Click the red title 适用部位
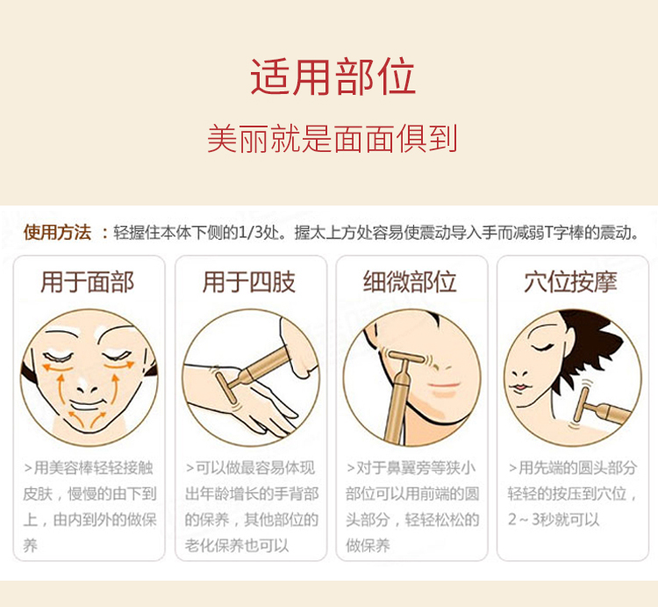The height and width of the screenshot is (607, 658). tap(333, 77)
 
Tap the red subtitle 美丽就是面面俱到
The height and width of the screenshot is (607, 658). tap(332, 138)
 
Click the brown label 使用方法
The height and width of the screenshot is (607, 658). tap(58, 232)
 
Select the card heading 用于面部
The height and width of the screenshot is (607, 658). tap(87, 281)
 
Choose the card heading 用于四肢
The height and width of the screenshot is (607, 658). tap(249, 281)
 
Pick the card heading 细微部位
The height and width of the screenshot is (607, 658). tap(410, 281)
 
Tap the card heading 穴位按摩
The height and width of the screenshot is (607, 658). tap(570, 281)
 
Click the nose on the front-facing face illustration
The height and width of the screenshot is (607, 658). tap(87, 386)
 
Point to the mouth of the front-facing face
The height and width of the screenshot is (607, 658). tap(87, 406)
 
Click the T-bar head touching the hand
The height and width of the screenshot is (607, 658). tap(226, 388)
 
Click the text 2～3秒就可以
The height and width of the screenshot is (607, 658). tap(554, 520)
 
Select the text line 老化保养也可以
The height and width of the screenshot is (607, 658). tap(237, 546)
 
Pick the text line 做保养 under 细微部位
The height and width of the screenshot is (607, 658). tap(368, 546)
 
